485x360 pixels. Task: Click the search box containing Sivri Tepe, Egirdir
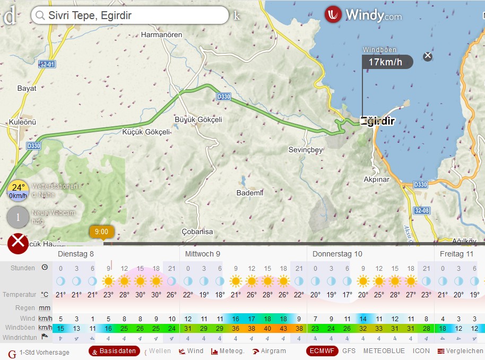click(x=130, y=15)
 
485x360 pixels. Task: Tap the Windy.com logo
click(x=363, y=15)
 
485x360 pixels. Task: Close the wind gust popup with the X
click(x=428, y=56)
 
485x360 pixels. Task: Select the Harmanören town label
click(x=161, y=35)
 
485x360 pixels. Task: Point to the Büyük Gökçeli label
click(x=198, y=119)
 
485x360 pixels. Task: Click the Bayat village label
click(x=27, y=88)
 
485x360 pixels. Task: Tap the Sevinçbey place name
click(x=306, y=150)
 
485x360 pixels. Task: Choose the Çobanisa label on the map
click(x=197, y=232)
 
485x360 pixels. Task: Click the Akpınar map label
click(x=376, y=179)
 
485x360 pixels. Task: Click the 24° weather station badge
click(x=19, y=191)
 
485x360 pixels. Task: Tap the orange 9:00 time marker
click(x=101, y=232)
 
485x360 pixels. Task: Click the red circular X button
click(x=19, y=243)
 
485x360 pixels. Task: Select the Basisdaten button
click(x=114, y=351)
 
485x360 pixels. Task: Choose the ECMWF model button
click(x=322, y=351)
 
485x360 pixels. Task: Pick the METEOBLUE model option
click(x=384, y=351)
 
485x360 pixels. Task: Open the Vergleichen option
click(x=460, y=351)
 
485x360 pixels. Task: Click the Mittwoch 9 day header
click(x=202, y=254)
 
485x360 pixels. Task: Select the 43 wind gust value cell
click(x=283, y=328)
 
